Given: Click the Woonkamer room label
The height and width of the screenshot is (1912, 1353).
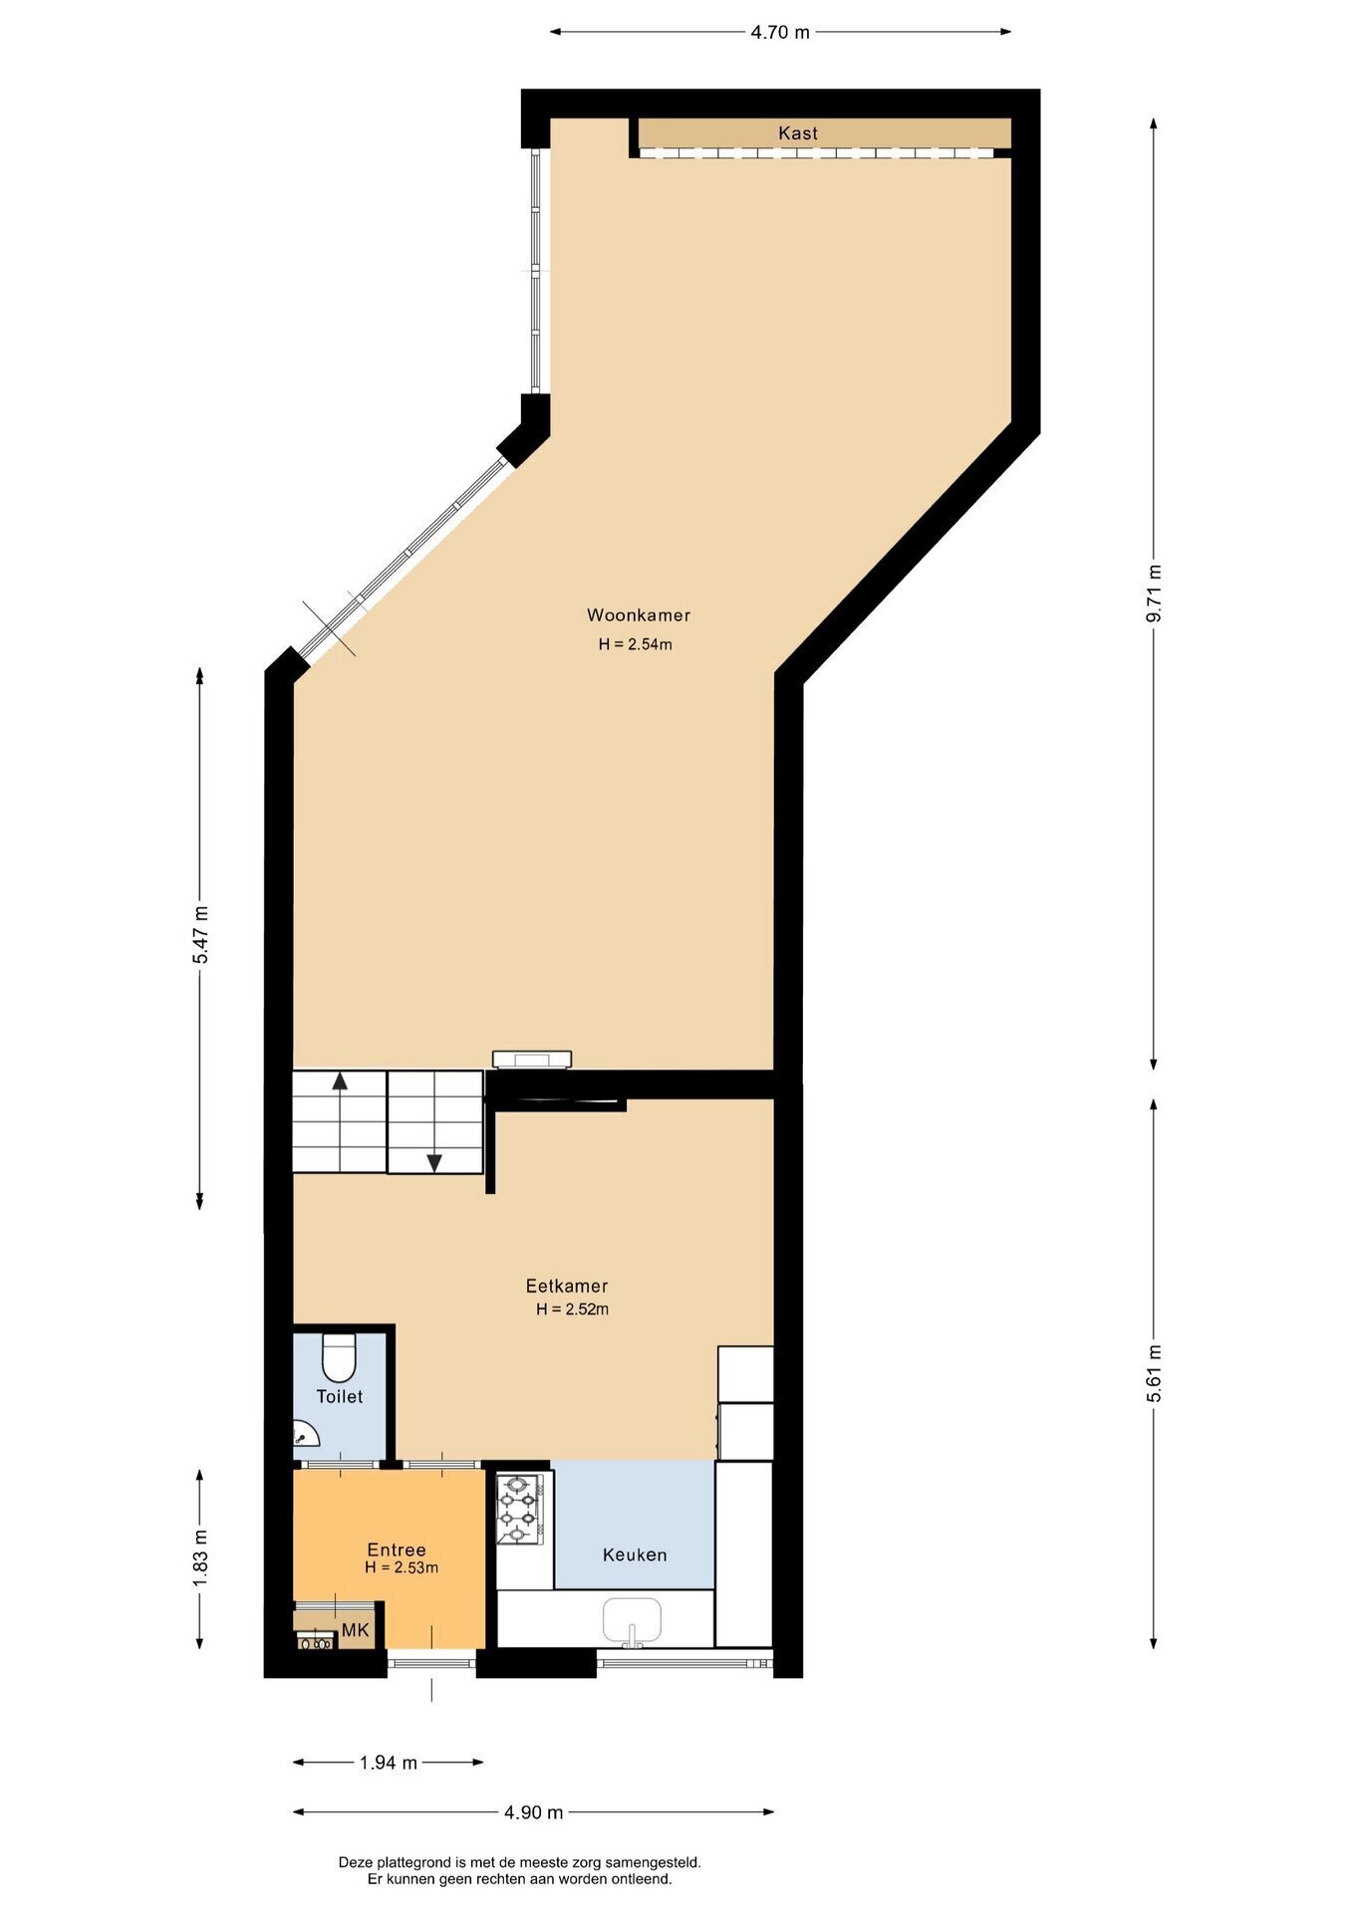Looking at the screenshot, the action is pyautogui.click(x=638, y=615).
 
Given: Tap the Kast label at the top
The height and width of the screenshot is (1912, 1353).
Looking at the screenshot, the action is pyautogui.click(x=798, y=132).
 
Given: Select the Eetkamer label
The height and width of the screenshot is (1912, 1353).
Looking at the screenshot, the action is pyautogui.click(x=567, y=1286).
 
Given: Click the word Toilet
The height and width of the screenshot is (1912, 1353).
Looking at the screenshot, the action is pyautogui.click(x=340, y=1396).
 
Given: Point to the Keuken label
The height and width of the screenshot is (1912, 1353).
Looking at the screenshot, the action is pyautogui.click(x=635, y=1554).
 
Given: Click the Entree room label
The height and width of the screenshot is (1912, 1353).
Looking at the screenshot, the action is pyautogui.click(x=397, y=1550).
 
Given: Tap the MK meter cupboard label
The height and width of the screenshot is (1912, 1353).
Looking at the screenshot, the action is pyautogui.click(x=355, y=1630).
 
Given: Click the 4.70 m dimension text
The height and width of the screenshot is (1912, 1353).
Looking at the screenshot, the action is pyautogui.click(x=780, y=32).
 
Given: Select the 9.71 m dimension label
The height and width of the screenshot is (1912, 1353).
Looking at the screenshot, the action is pyautogui.click(x=1154, y=594).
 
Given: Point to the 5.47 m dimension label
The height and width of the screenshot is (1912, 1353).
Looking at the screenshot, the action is pyautogui.click(x=200, y=933).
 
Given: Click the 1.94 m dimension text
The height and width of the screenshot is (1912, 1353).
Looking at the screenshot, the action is pyautogui.click(x=389, y=1763).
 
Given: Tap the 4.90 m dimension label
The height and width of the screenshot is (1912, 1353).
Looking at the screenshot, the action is pyautogui.click(x=533, y=1812).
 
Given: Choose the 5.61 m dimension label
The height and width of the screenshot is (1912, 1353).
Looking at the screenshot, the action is pyautogui.click(x=1154, y=1373).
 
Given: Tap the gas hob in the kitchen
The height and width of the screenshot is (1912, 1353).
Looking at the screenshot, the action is pyautogui.click(x=521, y=1509).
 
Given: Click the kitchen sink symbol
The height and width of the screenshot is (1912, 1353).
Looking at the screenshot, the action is pyautogui.click(x=632, y=1620).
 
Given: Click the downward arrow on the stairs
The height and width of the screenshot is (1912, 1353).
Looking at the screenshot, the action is pyautogui.click(x=434, y=1161).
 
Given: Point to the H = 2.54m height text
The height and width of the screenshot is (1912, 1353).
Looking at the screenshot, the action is pyautogui.click(x=635, y=644).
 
